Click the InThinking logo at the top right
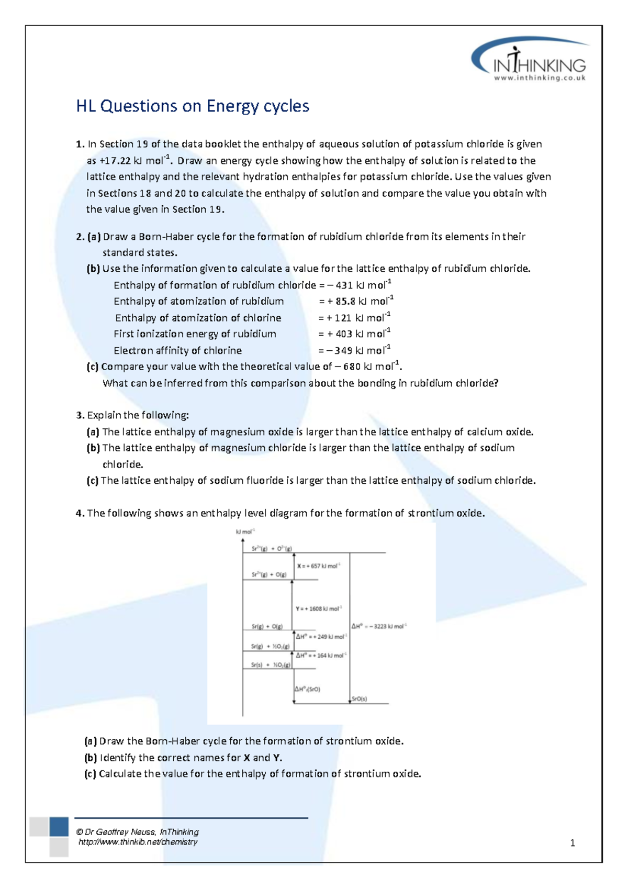point(531,60)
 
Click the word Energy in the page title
point(232,106)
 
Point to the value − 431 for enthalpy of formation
point(340,285)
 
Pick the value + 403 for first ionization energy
point(340,334)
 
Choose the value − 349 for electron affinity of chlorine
point(339,351)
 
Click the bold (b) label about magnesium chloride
point(93,448)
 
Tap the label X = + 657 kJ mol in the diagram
point(318,566)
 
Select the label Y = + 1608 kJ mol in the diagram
point(318,609)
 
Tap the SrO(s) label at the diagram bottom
point(359,699)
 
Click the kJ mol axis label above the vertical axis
point(245,531)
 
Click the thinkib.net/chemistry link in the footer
point(138,842)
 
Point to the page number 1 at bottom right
point(573,843)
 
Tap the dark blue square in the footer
point(59,827)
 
